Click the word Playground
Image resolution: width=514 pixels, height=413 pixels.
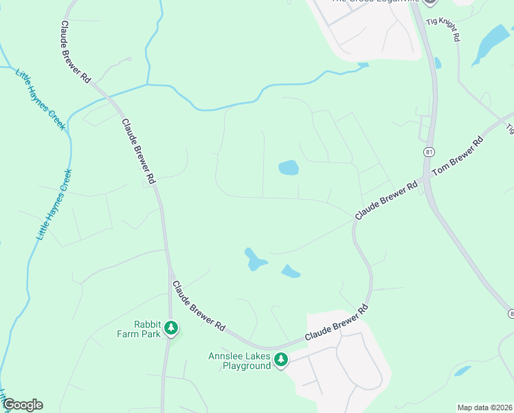(x=246, y=366)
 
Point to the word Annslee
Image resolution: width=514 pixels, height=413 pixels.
(x=226, y=356)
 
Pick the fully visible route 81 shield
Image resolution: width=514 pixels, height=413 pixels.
(x=429, y=151)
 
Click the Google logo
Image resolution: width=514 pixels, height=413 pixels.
(x=23, y=405)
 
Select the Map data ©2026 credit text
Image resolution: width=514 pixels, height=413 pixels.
(x=484, y=407)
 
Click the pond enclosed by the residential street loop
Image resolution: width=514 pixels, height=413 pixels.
(x=288, y=167)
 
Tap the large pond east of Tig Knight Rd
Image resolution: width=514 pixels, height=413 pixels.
(x=491, y=43)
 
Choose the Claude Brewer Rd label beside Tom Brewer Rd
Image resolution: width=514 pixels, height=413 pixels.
(x=386, y=200)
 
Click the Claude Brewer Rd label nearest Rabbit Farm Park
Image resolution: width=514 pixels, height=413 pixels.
(x=199, y=305)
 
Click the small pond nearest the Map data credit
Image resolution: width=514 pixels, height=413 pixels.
(x=462, y=371)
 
